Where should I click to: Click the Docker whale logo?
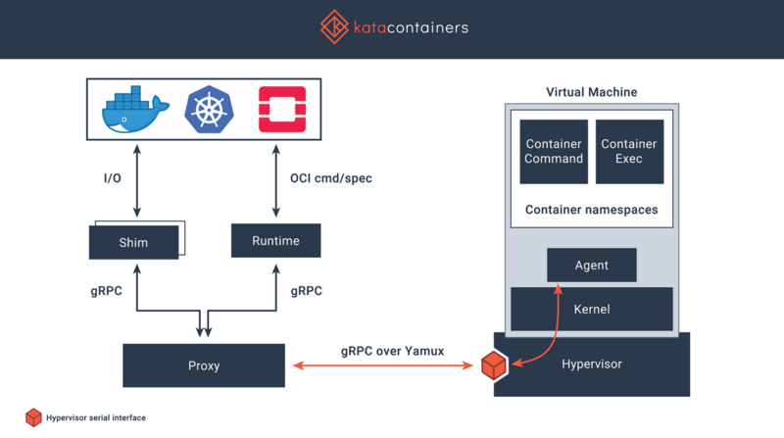click(x=136, y=110)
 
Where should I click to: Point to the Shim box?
click(x=133, y=242)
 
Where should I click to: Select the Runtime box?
click(x=276, y=241)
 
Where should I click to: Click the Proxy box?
click(x=204, y=365)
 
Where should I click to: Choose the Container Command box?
click(x=554, y=151)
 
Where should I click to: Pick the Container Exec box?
click(x=629, y=151)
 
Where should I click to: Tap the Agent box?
click(x=591, y=266)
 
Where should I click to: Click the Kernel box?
click(x=591, y=309)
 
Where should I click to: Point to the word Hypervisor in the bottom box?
click(x=591, y=364)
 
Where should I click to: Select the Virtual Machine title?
click(x=591, y=92)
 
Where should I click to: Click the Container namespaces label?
click(x=591, y=210)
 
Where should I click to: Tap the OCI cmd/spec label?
click(x=331, y=178)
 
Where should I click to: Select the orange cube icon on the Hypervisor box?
click(x=493, y=365)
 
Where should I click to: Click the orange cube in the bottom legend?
click(x=33, y=417)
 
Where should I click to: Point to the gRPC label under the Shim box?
click(x=107, y=291)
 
